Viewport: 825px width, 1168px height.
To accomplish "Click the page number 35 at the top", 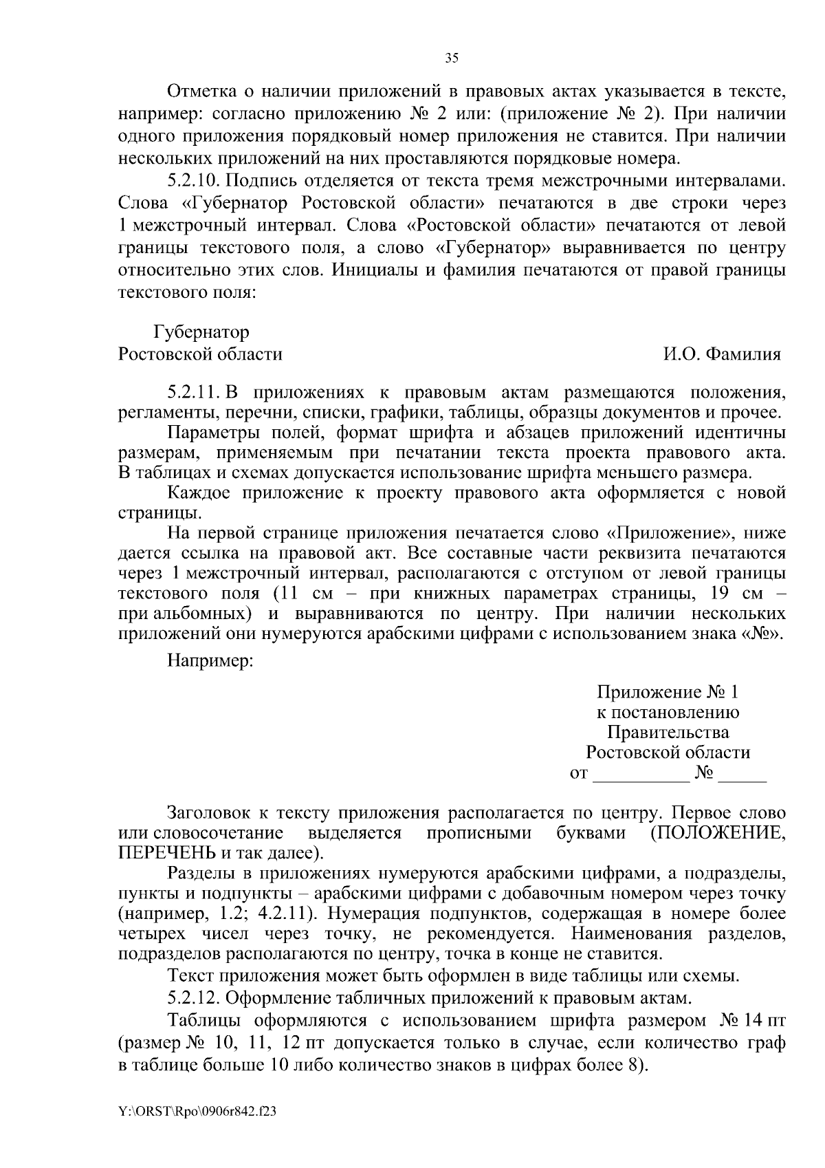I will [452, 58].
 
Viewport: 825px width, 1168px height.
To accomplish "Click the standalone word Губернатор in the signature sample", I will [201, 333].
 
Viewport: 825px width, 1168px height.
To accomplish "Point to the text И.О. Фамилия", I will [722, 354].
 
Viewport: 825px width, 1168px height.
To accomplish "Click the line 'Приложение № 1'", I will [668, 692].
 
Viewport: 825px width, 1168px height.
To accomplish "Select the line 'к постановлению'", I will [668, 713].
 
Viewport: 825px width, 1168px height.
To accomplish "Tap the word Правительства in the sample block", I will [668, 733].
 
